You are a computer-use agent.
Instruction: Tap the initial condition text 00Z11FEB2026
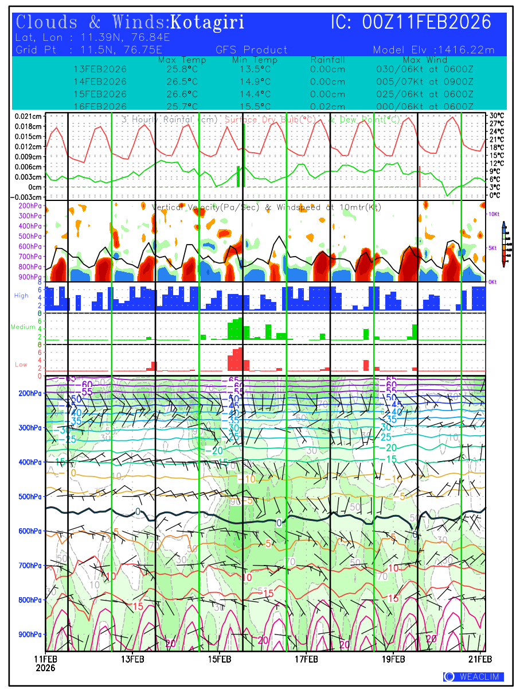[x=427, y=22]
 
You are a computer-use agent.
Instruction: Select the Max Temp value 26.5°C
[x=178, y=82]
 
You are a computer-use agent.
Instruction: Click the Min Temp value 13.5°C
[x=255, y=69]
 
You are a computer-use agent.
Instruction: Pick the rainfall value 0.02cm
[x=327, y=107]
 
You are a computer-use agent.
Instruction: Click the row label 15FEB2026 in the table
[x=100, y=94]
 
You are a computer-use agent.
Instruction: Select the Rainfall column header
[x=327, y=60]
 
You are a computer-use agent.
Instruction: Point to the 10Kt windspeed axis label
[x=494, y=214]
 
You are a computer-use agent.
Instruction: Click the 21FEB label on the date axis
[x=482, y=659]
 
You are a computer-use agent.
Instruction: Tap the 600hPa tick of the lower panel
[x=30, y=531]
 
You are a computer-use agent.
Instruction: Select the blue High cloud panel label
[x=21, y=295]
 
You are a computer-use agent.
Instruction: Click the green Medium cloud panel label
[x=24, y=327]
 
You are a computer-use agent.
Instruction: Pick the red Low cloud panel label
[x=21, y=365]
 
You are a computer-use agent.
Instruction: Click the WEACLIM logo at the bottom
[x=474, y=677]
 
